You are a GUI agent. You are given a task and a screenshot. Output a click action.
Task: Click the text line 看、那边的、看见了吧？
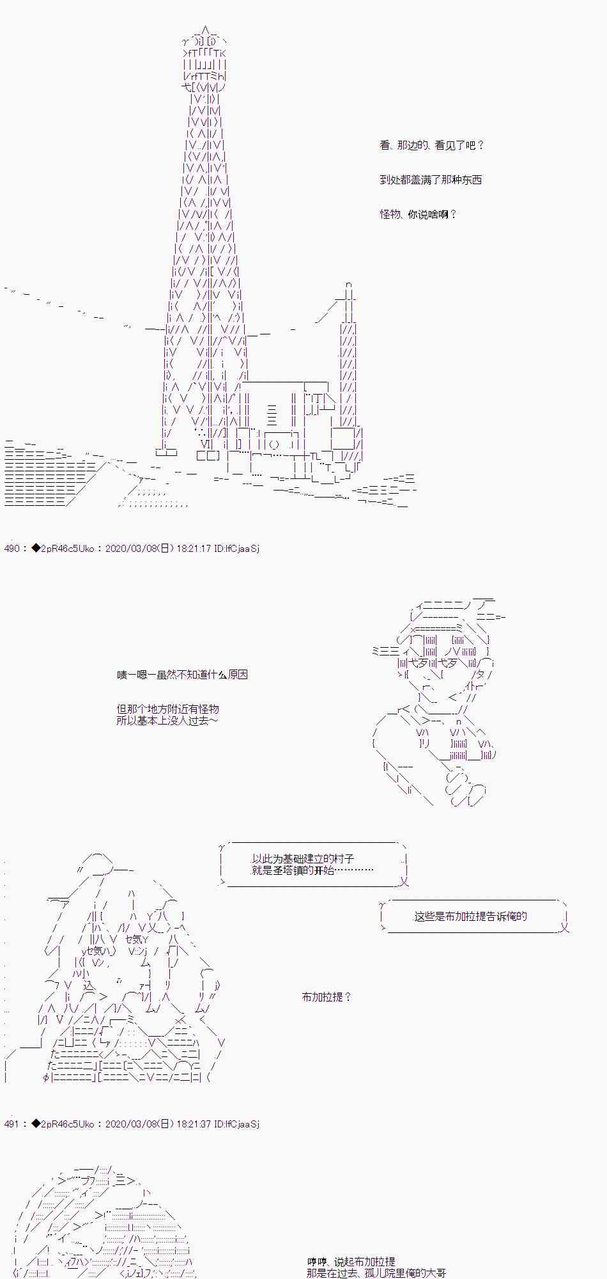pos(432,145)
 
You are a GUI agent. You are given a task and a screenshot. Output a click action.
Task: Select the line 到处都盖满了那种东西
pos(431,180)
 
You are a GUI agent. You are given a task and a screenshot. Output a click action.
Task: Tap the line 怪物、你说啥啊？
pos(419,214)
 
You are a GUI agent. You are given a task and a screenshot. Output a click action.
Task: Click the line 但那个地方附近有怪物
pos(168,709)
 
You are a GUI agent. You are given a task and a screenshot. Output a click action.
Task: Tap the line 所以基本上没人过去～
pos(167,721)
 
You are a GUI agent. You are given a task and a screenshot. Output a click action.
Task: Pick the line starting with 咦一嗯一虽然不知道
pos(182,675)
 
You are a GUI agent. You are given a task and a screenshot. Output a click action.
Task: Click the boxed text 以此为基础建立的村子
pos(303,859)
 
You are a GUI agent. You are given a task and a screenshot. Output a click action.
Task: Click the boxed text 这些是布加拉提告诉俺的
pos(471,916)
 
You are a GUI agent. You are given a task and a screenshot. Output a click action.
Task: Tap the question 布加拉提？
pos(327,997)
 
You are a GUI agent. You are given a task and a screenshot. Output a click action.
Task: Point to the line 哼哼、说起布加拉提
pos(351,1262)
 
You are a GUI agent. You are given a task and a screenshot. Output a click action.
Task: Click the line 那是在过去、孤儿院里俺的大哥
pos(376,1273)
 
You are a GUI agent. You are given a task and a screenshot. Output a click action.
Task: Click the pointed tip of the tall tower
pos(204,27)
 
